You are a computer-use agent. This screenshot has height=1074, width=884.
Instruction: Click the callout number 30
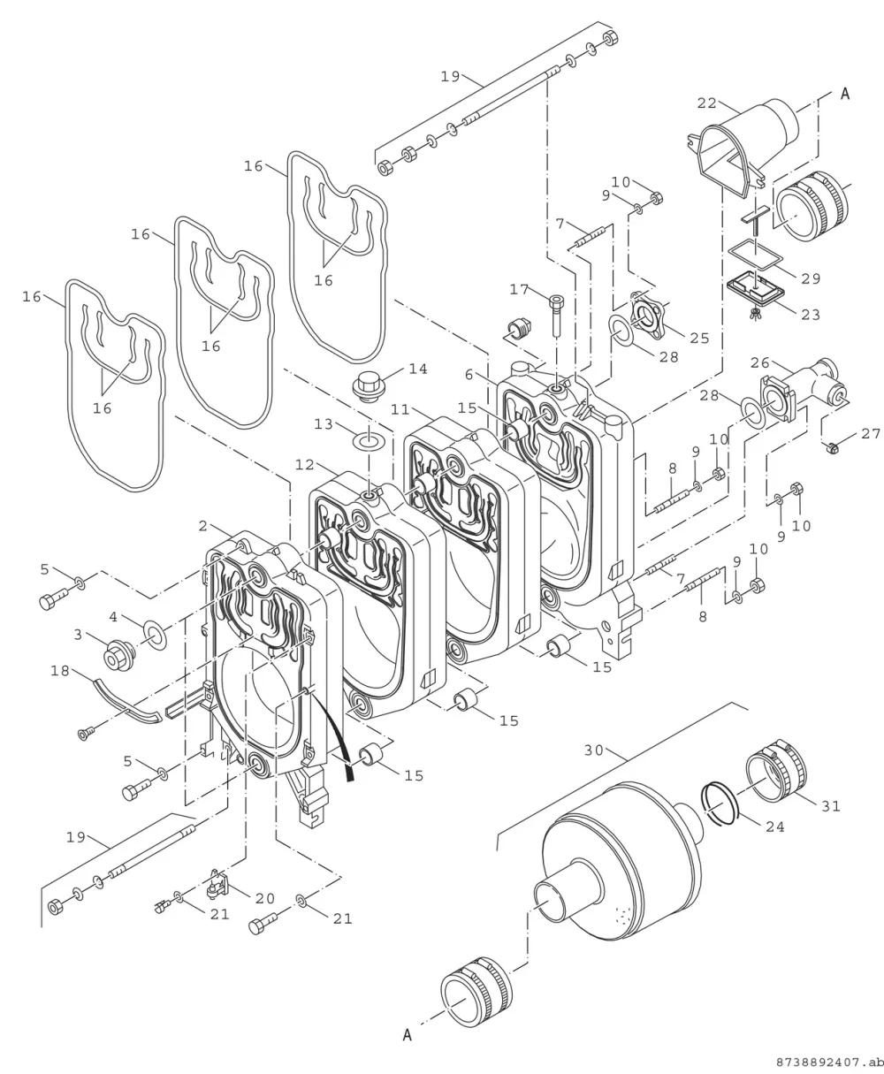click(x=593, y=750)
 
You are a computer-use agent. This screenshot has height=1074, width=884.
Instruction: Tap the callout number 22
click(x=707, y=103)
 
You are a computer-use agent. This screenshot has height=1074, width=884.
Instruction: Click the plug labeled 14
click(x=368, y=386)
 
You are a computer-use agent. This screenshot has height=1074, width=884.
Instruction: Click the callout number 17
click(x=520, y=289)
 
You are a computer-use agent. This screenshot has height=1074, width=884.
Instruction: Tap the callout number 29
click(x=812, y=278)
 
